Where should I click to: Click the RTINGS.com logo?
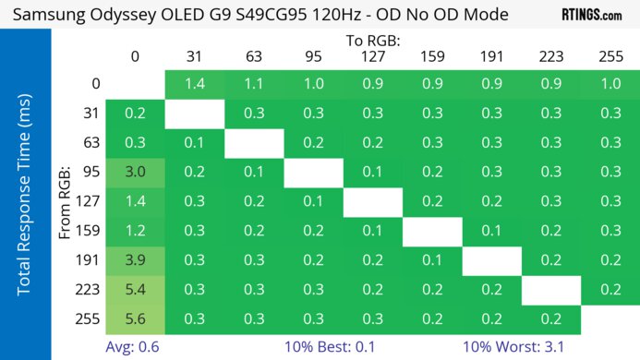[591, 15]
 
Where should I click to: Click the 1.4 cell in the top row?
[194, 84]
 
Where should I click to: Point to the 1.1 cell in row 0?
[253, 84]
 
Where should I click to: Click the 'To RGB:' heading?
[373, 41]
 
